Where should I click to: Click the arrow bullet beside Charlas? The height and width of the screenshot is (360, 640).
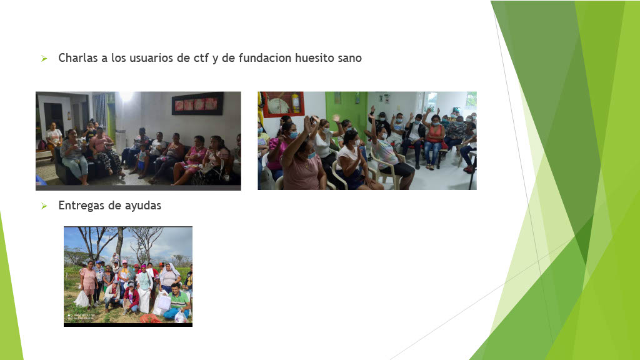pos(44,59)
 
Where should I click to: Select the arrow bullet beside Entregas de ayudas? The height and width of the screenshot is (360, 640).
pos(44,206)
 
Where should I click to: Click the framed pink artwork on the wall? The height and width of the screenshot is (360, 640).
pos(197,104)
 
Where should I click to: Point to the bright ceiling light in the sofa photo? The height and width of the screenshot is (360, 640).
pos(126,96)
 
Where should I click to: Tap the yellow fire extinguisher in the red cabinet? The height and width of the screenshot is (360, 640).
pos(296,103)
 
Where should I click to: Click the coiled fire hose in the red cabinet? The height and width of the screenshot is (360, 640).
pos(278,106)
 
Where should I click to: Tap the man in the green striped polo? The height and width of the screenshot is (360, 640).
pos(178,301)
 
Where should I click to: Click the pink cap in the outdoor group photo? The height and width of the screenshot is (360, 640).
pos(124,262)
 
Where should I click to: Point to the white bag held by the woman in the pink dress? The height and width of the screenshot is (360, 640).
pos(82,299)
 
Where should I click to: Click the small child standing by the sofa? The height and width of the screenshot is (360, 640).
pos(142,162)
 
